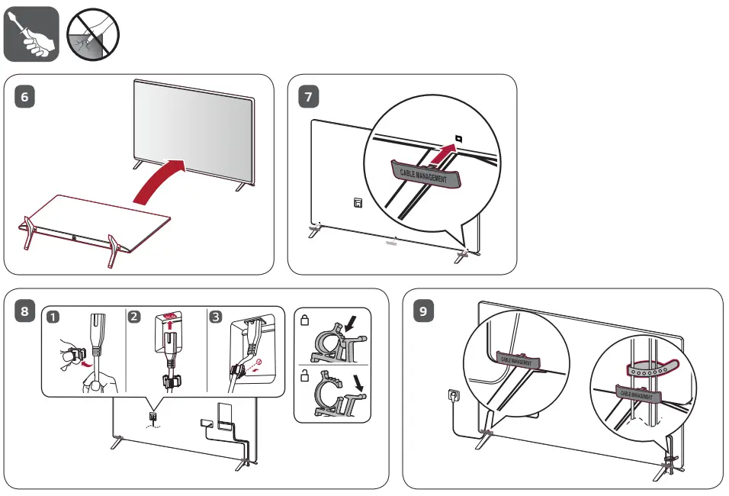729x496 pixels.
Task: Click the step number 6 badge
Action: (24, 97)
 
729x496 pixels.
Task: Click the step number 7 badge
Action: (308, 97)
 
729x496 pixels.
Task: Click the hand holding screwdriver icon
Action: (31, 34)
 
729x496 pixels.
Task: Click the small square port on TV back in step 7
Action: (356, 203)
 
